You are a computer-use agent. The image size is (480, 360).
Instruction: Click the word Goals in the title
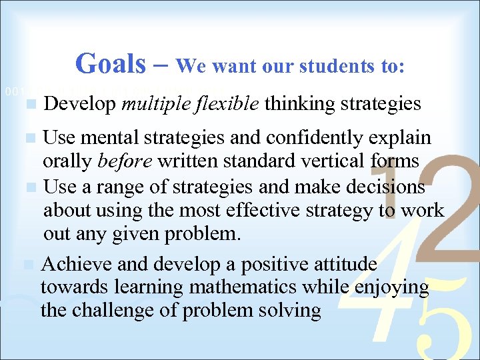pyautogui.click(x=109, y=64)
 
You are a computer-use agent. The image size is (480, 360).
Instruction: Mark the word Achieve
pyautogui.click(x=77, y=265)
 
